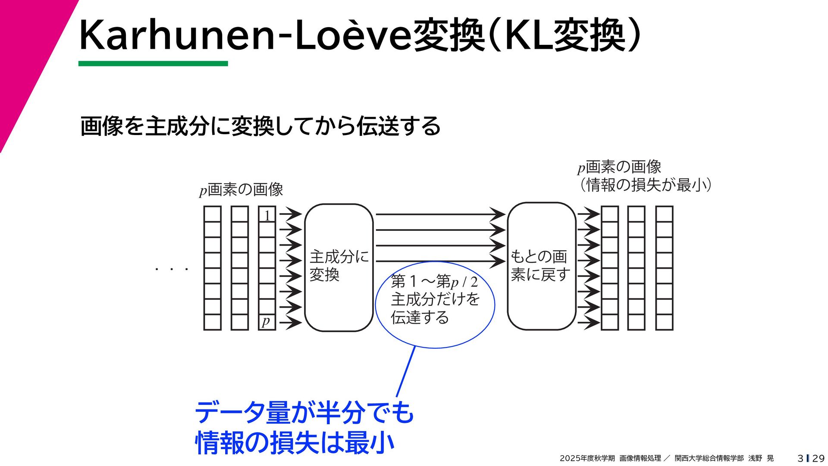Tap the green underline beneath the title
[153, 63]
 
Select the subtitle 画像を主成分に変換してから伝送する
[260, 126]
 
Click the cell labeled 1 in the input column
[267, 215]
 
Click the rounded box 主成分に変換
[339, 268]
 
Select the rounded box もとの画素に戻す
[541, 266]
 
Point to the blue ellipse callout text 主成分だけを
[435, 299]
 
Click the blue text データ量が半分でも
[304, 412]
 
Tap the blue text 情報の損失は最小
[295, 443]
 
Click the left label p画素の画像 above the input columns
[241, 189]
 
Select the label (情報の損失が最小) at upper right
[645, 185]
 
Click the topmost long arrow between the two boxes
[440, 214]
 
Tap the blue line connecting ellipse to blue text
[406, 371]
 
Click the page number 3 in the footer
[800, 458]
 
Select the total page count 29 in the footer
[818, 458]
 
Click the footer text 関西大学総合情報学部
[709, 458]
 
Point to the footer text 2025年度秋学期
[587, 458]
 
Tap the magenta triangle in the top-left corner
[26, 52]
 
